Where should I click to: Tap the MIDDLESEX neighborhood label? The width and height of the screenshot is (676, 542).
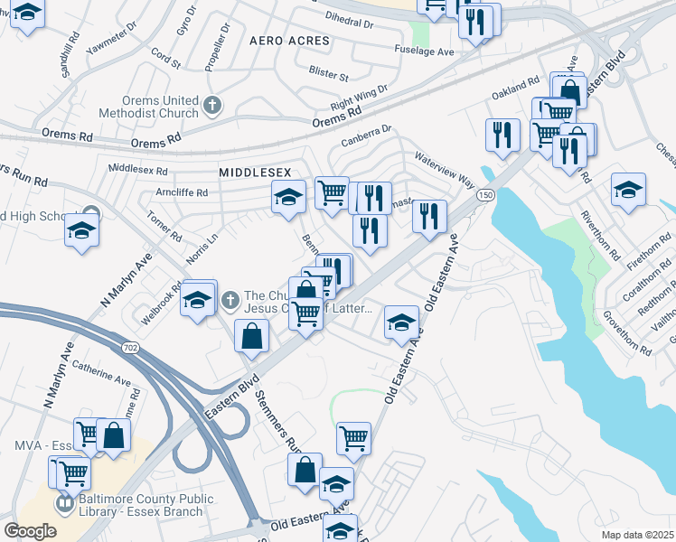pos(250,171)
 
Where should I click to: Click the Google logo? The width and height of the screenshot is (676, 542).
pos(29,530)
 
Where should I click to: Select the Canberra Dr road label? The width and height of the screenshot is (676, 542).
pos(366,137)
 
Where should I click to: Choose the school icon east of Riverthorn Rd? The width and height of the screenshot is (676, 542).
pos(628,191)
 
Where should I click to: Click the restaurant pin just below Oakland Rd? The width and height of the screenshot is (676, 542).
pos(500,135)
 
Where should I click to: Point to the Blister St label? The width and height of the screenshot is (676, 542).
pos(328,73)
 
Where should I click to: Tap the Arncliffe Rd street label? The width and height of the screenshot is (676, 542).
pos(181,192)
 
